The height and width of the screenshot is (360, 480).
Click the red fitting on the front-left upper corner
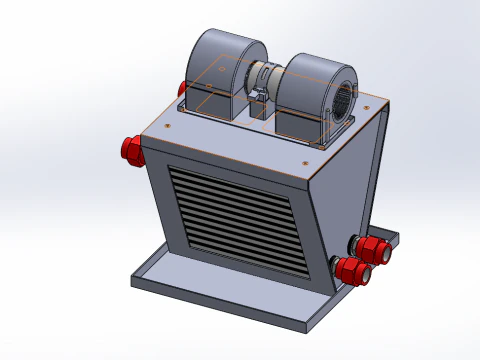tap(130, 150)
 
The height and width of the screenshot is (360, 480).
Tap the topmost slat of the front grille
tap(230, 177)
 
